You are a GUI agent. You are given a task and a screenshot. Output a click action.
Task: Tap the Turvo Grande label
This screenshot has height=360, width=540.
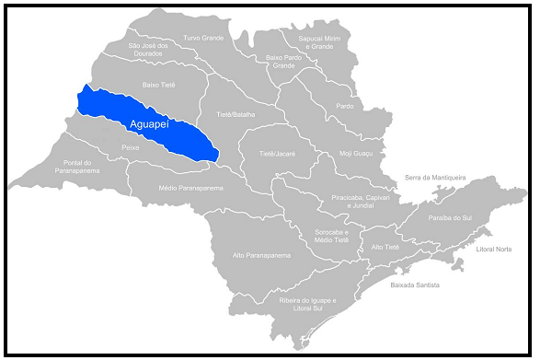click(x=203, y=38)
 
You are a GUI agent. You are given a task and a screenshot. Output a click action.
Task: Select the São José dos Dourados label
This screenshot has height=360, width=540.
click(x=149, y=50)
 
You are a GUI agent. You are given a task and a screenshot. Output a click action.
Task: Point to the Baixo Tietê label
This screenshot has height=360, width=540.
click(x=158, y=84)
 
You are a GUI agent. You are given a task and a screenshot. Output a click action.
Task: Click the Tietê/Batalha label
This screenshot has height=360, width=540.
click(x=236, y=114)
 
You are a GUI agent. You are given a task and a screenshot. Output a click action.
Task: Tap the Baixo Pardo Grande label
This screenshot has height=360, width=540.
click(x=284, y=62)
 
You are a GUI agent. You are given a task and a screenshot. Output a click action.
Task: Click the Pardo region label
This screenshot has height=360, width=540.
click(x=345, y=106)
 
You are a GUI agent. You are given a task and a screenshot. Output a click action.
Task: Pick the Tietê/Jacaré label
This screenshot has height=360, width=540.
click(x=277, y=154)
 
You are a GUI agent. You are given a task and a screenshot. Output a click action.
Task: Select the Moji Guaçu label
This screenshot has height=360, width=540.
click(x=356, y=154)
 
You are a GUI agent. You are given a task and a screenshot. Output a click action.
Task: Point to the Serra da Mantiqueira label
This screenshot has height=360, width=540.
click(x=436, y=177)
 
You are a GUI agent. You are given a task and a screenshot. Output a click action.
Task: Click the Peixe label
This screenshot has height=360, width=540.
click(x=130, y=147)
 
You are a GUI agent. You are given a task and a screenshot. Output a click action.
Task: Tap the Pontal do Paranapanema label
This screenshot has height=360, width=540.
click(x=78, y=167)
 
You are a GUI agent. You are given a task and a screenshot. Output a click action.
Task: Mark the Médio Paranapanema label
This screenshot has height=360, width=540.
click(x=191, y=187)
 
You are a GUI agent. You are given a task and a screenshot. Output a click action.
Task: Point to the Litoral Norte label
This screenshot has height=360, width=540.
click(x=494, y=250)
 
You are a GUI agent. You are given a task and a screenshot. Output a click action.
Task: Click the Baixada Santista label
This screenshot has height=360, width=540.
click(x=415, y=285)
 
